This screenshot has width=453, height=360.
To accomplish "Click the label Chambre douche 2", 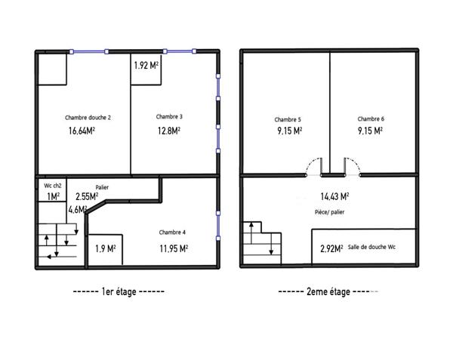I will [x=88, y=117].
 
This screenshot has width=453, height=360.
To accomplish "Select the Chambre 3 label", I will [x=169, y=116].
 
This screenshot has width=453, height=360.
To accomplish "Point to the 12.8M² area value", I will [x=168, y=130].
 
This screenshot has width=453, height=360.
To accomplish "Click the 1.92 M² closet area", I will [x=146, y=66].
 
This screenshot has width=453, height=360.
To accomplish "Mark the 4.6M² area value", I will [x=78, y=210].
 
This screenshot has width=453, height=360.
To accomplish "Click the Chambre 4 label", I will [x=173, y=232].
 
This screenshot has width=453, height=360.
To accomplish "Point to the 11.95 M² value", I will [x=173, y=248].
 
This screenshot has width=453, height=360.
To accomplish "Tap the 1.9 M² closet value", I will [x=106, y=248].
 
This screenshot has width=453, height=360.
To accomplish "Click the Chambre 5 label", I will [x=288, y=119].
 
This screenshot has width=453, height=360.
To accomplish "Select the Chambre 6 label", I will [x=371, y=118].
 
